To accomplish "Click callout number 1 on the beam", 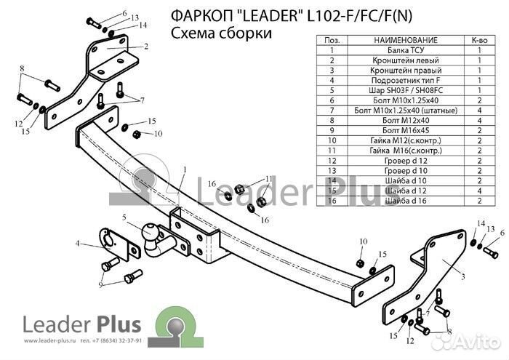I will click(x=185, y=169).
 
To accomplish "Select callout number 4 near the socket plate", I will click(x=78, y=244).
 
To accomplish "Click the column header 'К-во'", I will click(x=479, y=39).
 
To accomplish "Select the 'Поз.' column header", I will click(x=331, y=39).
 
